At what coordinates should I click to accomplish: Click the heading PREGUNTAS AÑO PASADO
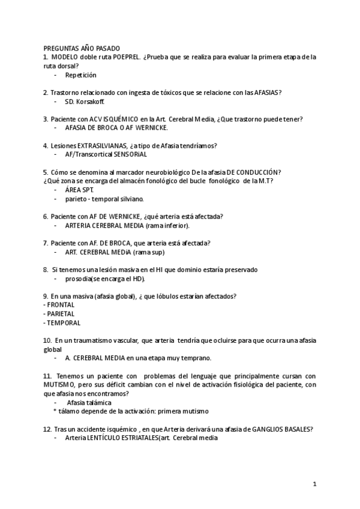click(82, 48)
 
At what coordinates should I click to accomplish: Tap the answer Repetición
click(80, 75)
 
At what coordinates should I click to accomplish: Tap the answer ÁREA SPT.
click(79, 190)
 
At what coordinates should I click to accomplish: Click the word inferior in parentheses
click(176, 225)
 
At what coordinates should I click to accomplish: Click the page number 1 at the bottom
click(314, 484)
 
